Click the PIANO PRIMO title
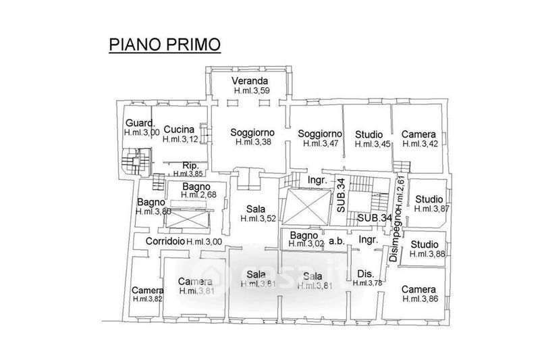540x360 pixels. pyautogui.click(x=164, y=45)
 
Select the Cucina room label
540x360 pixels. pyautogui.click(x=179, y=130)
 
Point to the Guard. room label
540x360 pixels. pyautogui.click(x=141, y=123)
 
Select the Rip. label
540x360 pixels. pyautogui.click(x=189, y=165)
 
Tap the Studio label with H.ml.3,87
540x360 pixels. pyautogui.click(x=430, y=199)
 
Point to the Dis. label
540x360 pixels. pyautogui.click(x=365, y=274)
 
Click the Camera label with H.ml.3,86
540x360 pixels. pyautogui.click(x=418, y=289)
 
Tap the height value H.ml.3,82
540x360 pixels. pyautogui.click(x=148, y=299)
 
